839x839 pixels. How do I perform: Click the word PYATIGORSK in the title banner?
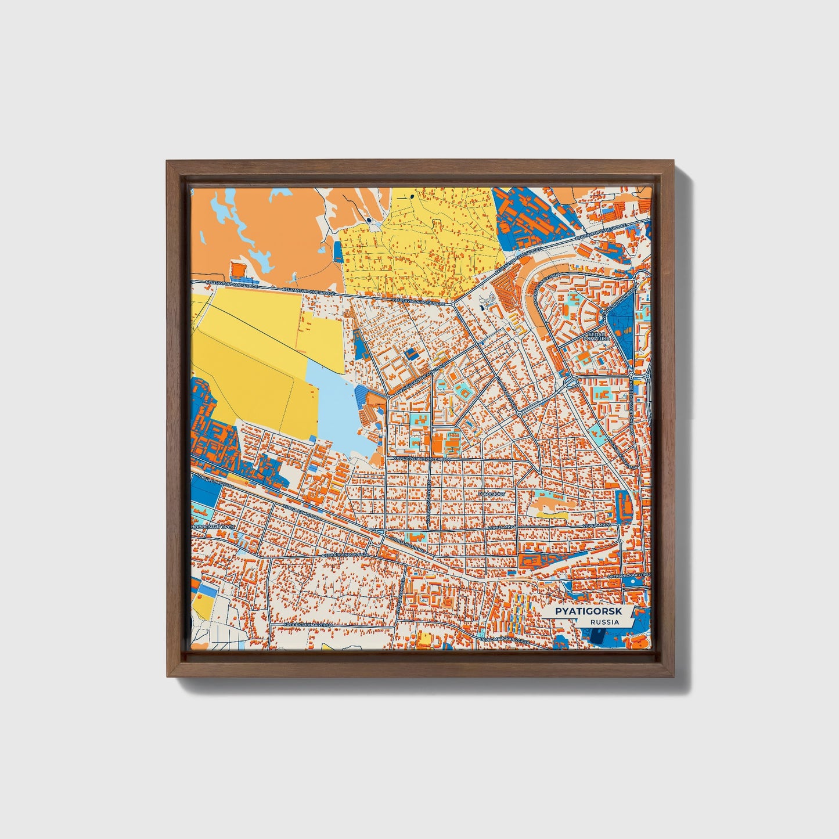588,611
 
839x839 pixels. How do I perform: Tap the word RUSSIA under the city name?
604,622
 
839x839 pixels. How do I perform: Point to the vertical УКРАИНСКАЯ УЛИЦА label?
427,502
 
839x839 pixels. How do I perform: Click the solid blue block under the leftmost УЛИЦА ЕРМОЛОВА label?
203,491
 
